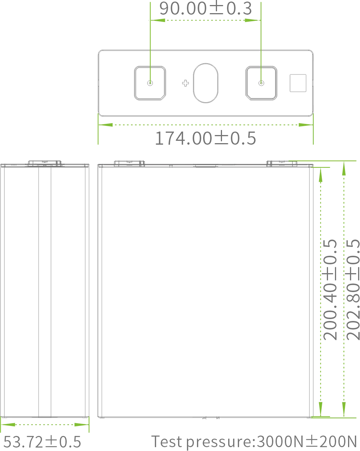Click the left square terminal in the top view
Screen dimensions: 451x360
pos(150,83)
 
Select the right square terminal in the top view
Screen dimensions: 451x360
pos(261,83)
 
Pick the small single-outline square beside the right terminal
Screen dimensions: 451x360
pos(298,83)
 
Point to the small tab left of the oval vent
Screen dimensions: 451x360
pos(185,81)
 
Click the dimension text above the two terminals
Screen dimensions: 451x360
pos(205,8)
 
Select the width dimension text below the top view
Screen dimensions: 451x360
pos(205,138)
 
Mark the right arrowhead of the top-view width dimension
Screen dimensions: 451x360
pos(299,125)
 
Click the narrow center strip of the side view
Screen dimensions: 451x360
pos(45,289)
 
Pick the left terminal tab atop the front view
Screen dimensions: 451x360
pos(128,163)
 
